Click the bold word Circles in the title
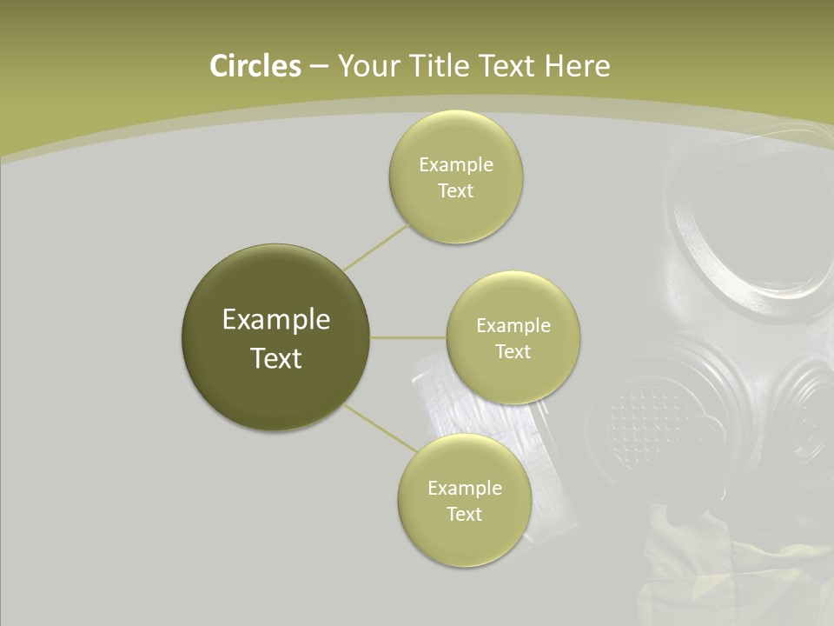pyautogui.click(x=255, y=66)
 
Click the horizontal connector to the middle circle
pyautogui.click(x=408, y=337)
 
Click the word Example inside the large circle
pyautogui.click(x=276, y=320)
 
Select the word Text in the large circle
pyautogui.click(x=276, y=358)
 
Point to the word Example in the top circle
pyautogui.click(x=455, y=165)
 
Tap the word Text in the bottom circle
pyautogui.click(x=464, y=514)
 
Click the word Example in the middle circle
pyautogui.click(x=513, y=326)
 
